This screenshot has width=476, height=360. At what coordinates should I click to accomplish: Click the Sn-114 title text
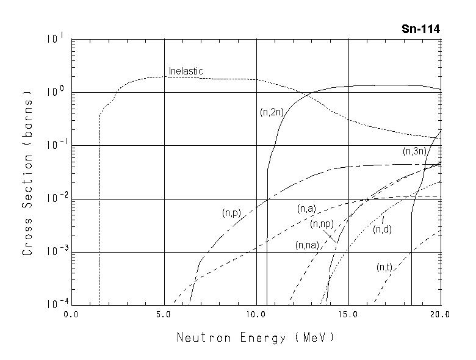click(420, 29)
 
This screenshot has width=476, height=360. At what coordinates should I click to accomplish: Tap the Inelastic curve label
click(186, 71)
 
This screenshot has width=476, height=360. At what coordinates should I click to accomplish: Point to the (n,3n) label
click(414, 151)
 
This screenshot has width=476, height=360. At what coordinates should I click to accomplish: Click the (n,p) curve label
click(231, 213)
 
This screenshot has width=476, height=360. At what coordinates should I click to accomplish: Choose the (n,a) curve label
click(306, 209)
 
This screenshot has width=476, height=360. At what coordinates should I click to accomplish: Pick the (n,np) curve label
click(322, 224)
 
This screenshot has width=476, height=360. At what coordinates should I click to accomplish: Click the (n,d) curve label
click(382, 229)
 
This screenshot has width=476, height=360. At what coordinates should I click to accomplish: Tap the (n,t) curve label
click(384, 267)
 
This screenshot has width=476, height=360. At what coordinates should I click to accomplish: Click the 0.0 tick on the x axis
click(72, 314)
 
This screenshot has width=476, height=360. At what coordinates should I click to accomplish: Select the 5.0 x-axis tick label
click(164, 314)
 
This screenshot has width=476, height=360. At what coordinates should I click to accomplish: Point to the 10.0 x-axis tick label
click(256, 314)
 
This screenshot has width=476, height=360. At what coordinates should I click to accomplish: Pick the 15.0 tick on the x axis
click(348, 314)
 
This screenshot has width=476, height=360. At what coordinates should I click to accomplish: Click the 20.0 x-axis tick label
click(440, 314)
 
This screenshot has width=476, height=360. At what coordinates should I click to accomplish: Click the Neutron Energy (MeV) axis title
click(256, 337)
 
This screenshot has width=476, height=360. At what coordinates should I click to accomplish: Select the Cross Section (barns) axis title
click(27, 172)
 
